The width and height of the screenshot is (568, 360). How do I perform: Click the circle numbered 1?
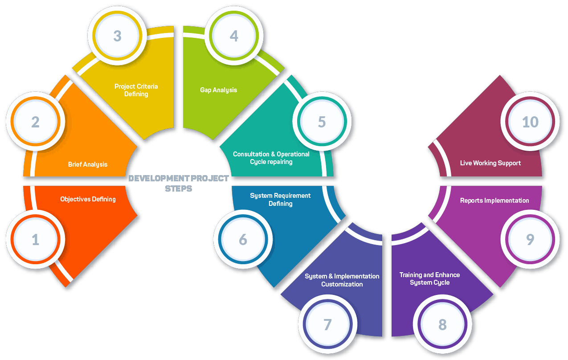[x=36, y=239]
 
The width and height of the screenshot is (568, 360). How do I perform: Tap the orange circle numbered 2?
[x=36, y=122]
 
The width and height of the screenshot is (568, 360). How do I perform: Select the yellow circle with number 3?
[x=117, y=36]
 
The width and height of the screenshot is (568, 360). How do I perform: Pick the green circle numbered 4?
[x=234, y=36]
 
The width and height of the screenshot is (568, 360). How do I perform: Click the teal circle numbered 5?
[x=322, y=122]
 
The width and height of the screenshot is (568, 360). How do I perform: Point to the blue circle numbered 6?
[x=243, y=239]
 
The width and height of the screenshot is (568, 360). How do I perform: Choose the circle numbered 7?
[x=327, y=324]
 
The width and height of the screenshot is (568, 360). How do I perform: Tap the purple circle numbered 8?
[x=442, y=324]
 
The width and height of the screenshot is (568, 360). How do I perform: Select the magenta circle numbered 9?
[x=530, y=239]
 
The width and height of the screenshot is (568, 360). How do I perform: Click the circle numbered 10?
[x=530, y=122]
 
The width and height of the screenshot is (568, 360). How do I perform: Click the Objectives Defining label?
[x=88, y=199]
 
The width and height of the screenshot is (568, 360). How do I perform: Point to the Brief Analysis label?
[x=88, y=164]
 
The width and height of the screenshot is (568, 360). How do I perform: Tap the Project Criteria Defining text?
[x=136, y=90]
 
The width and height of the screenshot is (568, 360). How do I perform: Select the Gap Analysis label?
[x=219, y=90]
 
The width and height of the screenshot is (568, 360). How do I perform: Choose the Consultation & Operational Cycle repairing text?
[x=271, y=158]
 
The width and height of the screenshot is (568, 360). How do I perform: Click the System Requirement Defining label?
[x=280, y=200]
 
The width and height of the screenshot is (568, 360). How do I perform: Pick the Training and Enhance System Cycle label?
[x=429, y=278]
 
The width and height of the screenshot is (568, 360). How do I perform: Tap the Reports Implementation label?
[x=494, y=200]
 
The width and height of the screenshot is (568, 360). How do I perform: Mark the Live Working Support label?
[x=490, y=163]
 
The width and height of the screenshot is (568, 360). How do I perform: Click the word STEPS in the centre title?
[x=179, y=188]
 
